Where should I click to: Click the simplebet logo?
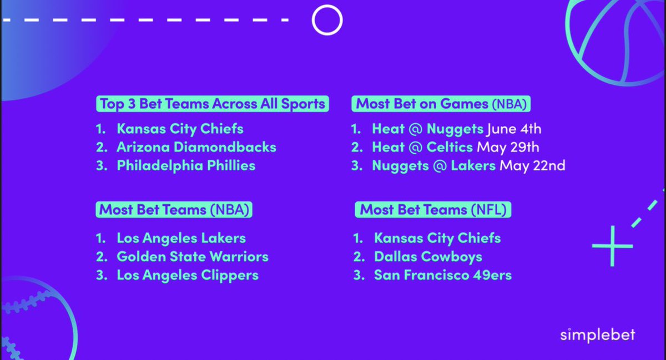597,336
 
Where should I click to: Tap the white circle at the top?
327,20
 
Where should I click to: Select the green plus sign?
612,245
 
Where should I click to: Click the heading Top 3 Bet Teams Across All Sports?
211,104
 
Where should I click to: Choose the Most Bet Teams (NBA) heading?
174,210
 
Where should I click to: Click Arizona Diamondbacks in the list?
196,148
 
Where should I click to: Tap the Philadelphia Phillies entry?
186,165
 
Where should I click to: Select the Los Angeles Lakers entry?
181,239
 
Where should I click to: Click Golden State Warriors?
192,257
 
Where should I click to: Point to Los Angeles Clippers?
187,275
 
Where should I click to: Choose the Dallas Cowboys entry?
428,257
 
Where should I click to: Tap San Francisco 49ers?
442,275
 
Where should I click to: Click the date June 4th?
514,130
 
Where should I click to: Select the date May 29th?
508,148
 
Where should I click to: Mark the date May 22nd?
532,165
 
